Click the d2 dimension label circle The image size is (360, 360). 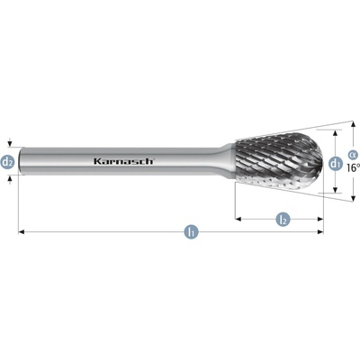pyautogui.click(x=7, y=162)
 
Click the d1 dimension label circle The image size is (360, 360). pyautogui.click(x=335, y=164)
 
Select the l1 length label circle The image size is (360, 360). pyautogui.click(x=192, y=232)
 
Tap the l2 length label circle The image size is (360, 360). pyautogui.click(x=283, y=220)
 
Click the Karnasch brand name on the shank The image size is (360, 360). pyautogui.click(x=123, y=161)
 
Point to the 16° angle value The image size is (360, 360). pyautogui.click(x=353, y=167)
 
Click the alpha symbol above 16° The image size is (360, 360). pyautogui.click(x=352, y=155)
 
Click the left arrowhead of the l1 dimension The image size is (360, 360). pyautogui.click(x=22, y=231)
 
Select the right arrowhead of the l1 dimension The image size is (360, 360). pyautogui.click(x=320, y=231)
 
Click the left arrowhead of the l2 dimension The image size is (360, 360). pyautogui.click(x=238, y=220)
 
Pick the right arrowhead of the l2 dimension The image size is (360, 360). pyautogui.click(x=320, y=220)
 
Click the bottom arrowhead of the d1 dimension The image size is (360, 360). pyautogui.click(x=336, y=190)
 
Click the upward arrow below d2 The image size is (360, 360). pyautogui.click(x=10, y=179)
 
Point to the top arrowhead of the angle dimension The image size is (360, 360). pyautogui.click(x=354, y=124)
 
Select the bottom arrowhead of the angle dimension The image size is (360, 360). pyautogui.click(x=354, y=198)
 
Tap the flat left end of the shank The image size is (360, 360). pyautogui.click(x=20, y=161)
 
